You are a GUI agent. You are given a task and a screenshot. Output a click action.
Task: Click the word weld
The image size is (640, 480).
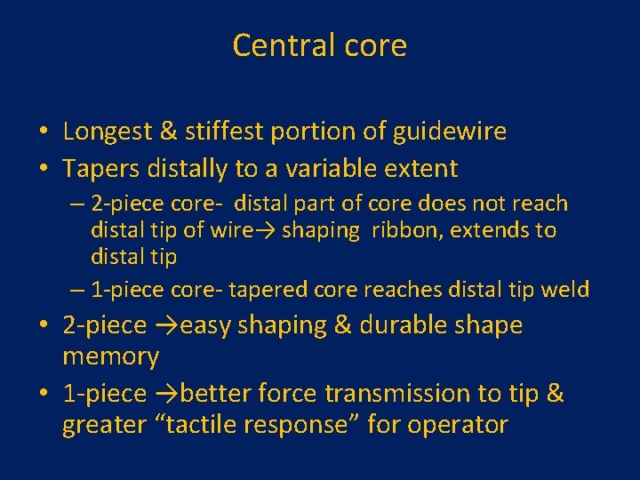click(566, 289)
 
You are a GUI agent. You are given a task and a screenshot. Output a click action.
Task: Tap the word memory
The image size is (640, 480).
click(110, 357)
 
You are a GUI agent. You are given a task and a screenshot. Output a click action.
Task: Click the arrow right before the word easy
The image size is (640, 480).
click(165, 326)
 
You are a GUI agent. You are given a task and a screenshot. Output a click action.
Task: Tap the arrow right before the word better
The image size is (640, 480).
click(165, 394)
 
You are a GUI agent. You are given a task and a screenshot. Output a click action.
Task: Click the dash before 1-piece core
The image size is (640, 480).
click(77, 289)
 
